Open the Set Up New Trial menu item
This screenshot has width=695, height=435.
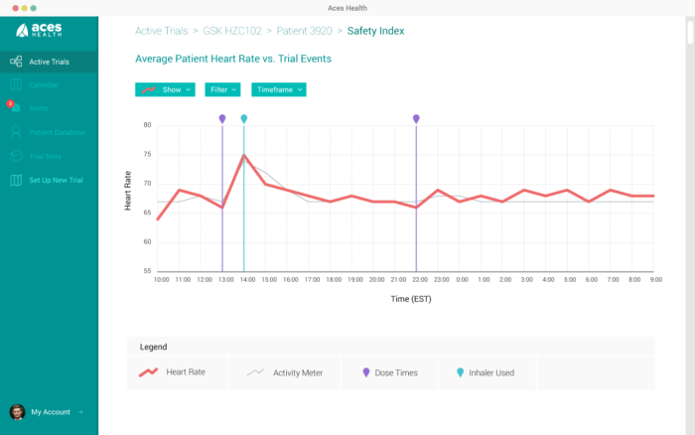point(55,180)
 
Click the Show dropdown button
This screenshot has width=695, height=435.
point(165,89)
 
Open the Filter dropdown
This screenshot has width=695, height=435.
point(223,89)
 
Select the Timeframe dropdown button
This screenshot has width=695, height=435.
point(278,89)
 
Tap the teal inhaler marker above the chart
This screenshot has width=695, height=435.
point(244,119)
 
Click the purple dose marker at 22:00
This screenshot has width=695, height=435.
point(416,119)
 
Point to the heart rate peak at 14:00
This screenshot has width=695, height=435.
point(244,155)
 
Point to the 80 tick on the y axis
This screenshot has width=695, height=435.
point(146,125)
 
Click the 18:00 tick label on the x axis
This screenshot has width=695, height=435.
point(334,280)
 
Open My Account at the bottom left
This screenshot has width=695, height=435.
point(50,411)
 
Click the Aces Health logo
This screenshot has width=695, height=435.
point(40,31)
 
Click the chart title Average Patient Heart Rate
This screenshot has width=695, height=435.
point(233,59)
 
